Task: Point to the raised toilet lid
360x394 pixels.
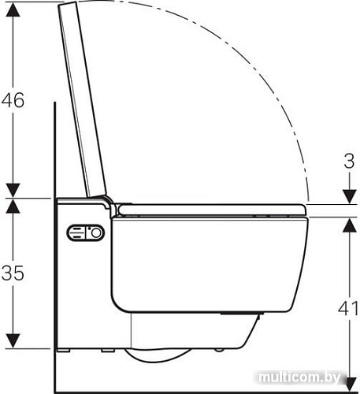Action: (81, 95)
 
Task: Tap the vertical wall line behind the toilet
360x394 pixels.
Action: (54, 236)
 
